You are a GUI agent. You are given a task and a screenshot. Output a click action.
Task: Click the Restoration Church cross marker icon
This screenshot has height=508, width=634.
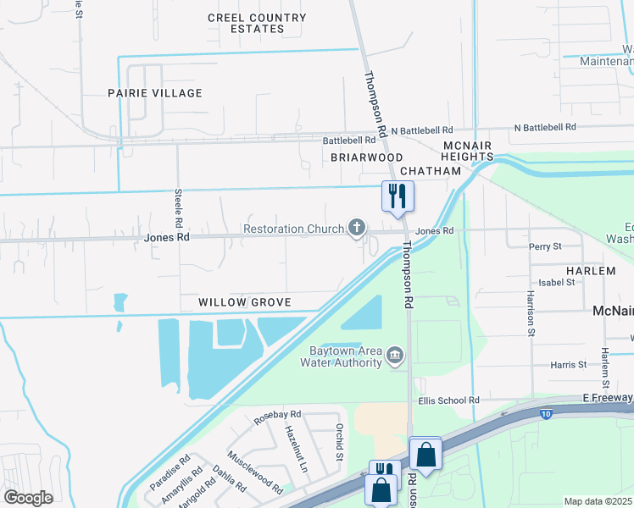(358, 229)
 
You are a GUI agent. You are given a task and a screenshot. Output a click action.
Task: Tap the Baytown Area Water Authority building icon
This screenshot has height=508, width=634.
(395, 356)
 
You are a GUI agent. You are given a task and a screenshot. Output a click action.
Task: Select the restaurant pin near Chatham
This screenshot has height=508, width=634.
(397, 196)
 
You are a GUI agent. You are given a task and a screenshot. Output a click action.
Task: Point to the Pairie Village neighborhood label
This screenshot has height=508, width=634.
(155, 93)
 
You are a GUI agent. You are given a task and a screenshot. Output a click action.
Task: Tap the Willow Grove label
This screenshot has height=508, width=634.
(245, 302)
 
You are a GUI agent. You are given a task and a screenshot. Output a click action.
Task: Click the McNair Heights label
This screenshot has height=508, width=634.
(468, 151)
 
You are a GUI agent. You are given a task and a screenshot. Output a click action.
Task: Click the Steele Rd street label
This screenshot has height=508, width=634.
(179, 207)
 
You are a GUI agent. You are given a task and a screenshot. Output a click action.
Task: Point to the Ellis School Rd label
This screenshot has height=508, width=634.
(448, 400)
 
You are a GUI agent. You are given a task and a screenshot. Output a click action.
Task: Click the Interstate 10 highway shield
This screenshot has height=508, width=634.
(547, 413)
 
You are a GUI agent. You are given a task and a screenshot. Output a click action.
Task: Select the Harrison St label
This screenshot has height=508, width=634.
(530, 313)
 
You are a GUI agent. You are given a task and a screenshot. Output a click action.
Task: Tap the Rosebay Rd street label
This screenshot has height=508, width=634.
(278, 414)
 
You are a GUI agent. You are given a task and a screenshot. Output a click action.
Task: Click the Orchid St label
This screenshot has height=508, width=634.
(339, 442)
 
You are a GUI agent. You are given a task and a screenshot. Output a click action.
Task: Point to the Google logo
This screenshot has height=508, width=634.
(29, 498)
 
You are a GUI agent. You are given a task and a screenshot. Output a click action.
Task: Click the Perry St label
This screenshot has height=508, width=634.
(545, 246)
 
